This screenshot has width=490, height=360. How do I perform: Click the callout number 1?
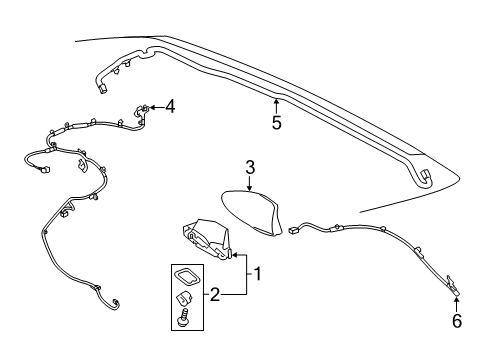pos(257,272)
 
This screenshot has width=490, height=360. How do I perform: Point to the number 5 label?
pos(275,124)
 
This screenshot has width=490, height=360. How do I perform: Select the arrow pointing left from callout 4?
pos(155,105)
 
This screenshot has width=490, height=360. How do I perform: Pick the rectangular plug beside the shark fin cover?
pos(295,230)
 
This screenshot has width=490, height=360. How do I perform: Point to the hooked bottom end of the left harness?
pos(116,303)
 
